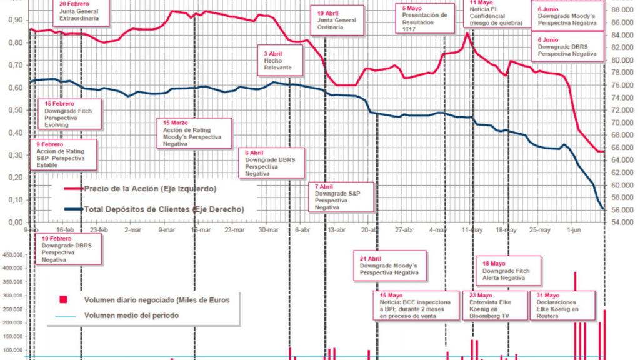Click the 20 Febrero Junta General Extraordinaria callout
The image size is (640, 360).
[82, 12]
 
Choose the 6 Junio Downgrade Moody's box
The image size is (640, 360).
[567, 16]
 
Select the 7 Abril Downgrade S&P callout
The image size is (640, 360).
[337, 197]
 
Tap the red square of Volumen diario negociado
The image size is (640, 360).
[62, 300]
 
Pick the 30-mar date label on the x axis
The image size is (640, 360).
[269, 229]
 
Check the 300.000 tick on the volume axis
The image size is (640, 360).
[12, 296]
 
